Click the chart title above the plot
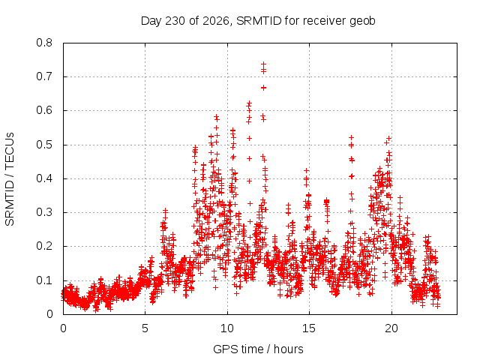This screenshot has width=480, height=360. pos(258,21)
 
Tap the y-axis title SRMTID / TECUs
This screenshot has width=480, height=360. pos(10,179)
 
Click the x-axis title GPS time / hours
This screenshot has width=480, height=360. pos(258,349)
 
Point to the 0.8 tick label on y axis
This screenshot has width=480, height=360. pos(44,43)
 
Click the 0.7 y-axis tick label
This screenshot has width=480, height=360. pos(44,76)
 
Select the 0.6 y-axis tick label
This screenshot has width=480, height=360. pos(44,110)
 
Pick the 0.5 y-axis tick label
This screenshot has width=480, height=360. pos(44,145)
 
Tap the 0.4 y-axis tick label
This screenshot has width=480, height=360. pos(44,178)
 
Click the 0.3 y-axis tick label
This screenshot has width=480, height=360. pos(44,212)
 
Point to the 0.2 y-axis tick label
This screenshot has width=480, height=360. pos(44,247)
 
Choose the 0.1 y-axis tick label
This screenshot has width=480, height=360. pos(44,280)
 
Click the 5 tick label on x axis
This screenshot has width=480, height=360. pos(145,328)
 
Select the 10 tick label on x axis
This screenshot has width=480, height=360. pos(227,328)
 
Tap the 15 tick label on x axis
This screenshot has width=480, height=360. pos(309,328)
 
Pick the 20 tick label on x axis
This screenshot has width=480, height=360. pos(391,328)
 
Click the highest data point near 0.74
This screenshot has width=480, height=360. pos(263,64)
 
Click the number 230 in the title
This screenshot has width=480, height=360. pos(175,21)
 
